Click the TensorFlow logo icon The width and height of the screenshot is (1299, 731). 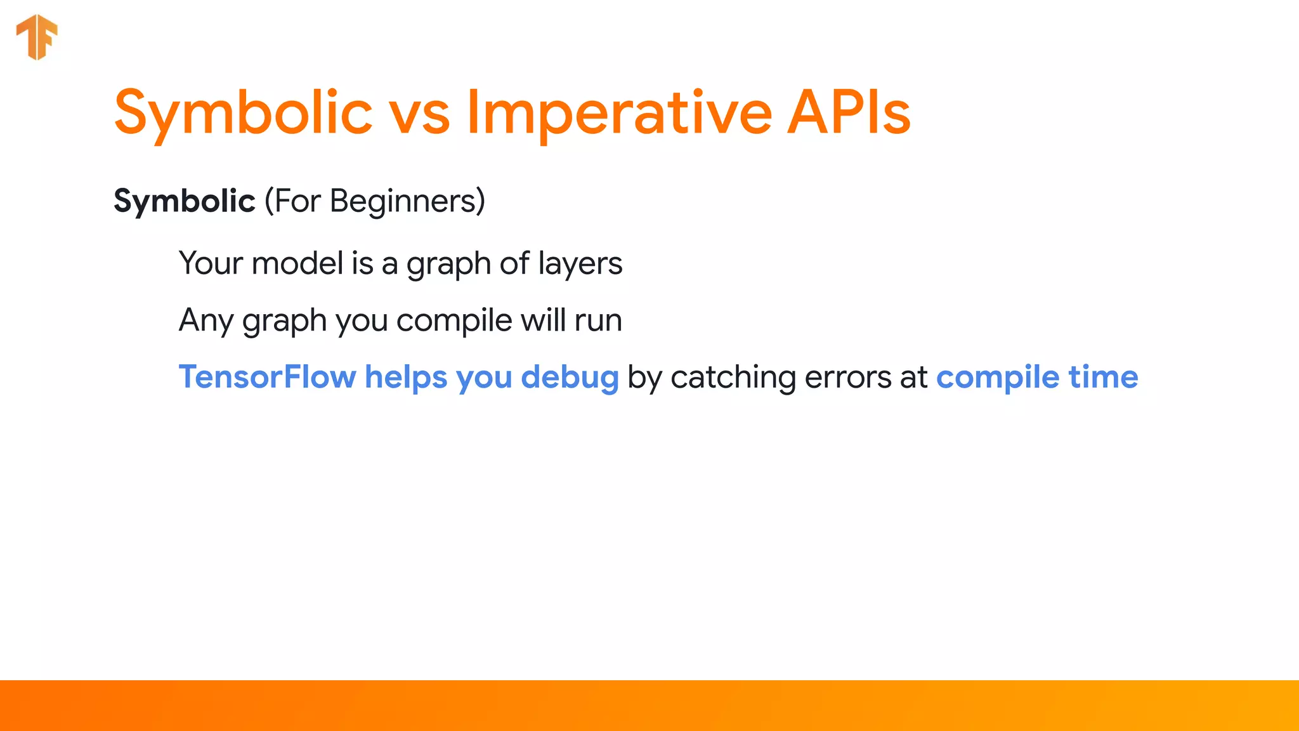click(x=37, y=37)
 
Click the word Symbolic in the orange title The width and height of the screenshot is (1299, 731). click(x=243, y=113)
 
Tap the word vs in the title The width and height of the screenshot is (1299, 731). click(x=419, y=114)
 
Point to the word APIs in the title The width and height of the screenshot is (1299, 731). click(x=849, y=113)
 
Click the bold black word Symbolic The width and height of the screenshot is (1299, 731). click(x=184, y=201)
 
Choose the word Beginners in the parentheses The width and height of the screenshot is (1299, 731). click(x=402, y=201)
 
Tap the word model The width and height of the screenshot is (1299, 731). click(x=297, y=263)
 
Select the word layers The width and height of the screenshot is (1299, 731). click(x=580, y=264)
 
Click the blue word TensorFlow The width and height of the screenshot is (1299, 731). click(x=267, y=377)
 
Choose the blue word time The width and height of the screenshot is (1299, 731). click(x=1103, y=377)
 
